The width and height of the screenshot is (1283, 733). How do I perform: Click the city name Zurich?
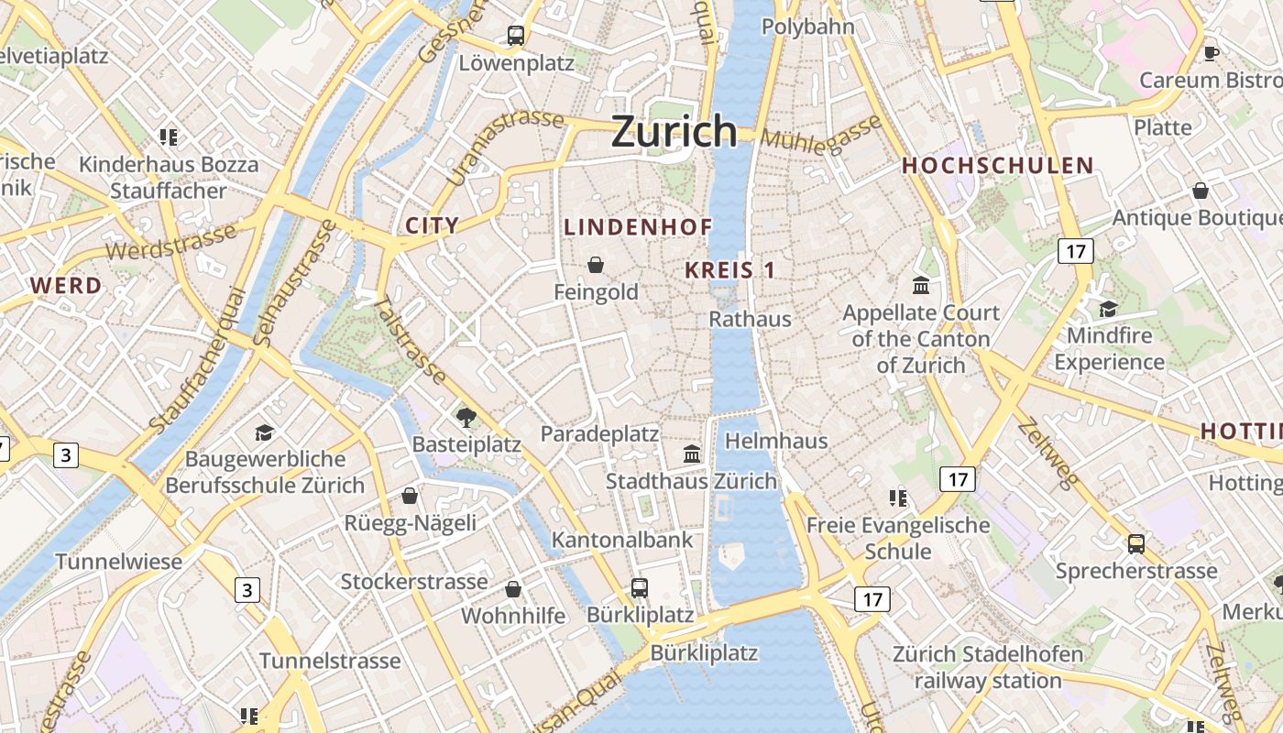[674, 131]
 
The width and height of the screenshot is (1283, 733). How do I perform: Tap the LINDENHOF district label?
[638, 227]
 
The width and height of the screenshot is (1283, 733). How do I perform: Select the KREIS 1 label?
[730, 270]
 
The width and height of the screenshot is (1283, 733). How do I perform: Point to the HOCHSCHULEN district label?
[998, 166]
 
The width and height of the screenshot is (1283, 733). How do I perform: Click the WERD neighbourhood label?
[66, 286]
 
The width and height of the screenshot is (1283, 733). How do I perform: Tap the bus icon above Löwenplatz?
[516, 36]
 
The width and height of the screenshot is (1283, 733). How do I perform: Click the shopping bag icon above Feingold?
[596, 265]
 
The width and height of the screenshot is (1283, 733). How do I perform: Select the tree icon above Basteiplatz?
[466, 418]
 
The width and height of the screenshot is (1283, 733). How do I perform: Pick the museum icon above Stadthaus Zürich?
[692, 454]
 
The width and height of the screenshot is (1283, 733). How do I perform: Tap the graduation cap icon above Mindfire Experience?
[1108, 309]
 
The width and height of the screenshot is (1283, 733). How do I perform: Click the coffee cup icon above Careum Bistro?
[1211, 53]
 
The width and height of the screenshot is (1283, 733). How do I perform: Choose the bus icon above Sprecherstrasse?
[1136, 544]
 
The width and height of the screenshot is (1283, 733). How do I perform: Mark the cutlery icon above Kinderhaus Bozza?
[168, 137]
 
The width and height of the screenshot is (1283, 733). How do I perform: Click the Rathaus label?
[750, 319]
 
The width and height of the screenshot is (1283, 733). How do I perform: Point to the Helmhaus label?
[775, 441]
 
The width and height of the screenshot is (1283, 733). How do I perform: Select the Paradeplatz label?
[599, 433]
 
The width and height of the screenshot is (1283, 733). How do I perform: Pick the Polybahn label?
[807, 27]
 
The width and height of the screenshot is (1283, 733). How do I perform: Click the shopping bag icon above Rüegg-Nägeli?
[410, 496]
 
